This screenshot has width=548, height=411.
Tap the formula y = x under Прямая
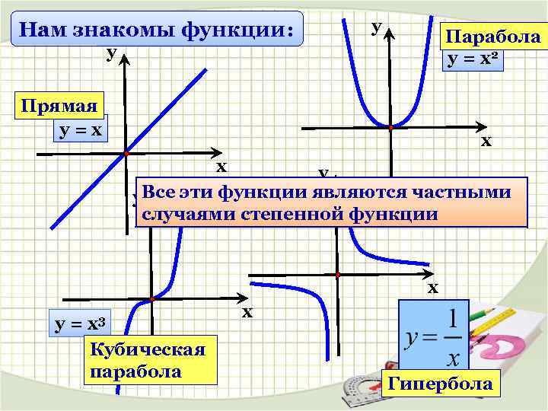coord(78,130)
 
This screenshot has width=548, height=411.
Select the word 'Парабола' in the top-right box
coord(493,37)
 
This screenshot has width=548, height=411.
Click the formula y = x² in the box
coord(473,58)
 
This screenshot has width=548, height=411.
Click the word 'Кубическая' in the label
coord(148,349)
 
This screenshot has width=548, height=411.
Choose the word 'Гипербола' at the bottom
coord(440,383)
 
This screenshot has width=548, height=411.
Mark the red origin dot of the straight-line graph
coord(126,154)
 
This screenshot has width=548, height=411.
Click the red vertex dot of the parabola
coord(390,128)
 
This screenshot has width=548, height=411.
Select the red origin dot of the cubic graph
coord(152,299)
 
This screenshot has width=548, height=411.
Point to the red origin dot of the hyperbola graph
coord(337,273)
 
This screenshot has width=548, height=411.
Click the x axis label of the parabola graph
coord(486,141)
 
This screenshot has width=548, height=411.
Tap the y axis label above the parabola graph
coord(376,27)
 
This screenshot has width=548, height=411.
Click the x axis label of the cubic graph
coord(247,313)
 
